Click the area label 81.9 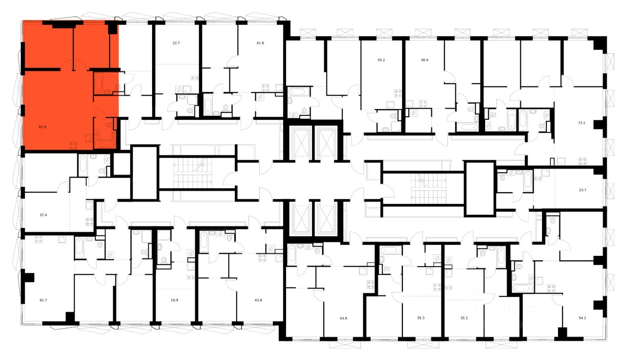pos(43,127)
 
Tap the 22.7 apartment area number pos(176,43)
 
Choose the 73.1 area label pos(581,123)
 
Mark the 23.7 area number pos(581,185)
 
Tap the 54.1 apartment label pos(581,317)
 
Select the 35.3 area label pos(421,317)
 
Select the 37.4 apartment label pos(43,214)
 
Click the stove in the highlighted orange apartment pos(73,145)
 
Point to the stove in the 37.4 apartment pos(89,221)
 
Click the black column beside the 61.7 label pos(29,277)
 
